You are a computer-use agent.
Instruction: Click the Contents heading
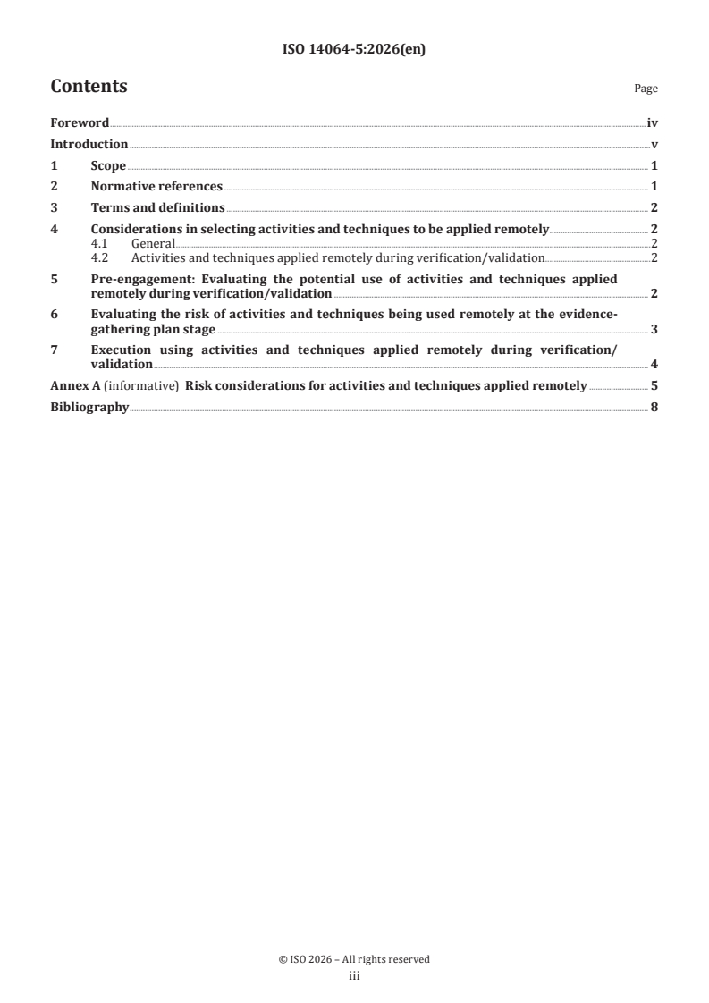89,87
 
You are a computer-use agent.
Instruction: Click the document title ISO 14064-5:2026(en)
354,50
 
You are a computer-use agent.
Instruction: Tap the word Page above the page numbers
646,89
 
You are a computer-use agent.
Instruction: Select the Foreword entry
80,123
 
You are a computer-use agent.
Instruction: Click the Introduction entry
89,144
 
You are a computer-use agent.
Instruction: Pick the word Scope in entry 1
108,165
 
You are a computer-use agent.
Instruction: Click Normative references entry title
156,187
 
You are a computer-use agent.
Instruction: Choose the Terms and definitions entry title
157,207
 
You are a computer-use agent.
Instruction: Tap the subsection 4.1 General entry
152,243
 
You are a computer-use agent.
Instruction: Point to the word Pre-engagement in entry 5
137,279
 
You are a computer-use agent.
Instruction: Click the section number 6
54,314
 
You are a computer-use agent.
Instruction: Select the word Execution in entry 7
122,350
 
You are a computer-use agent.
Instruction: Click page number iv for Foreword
652,123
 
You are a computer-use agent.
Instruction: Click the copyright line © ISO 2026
354,959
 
